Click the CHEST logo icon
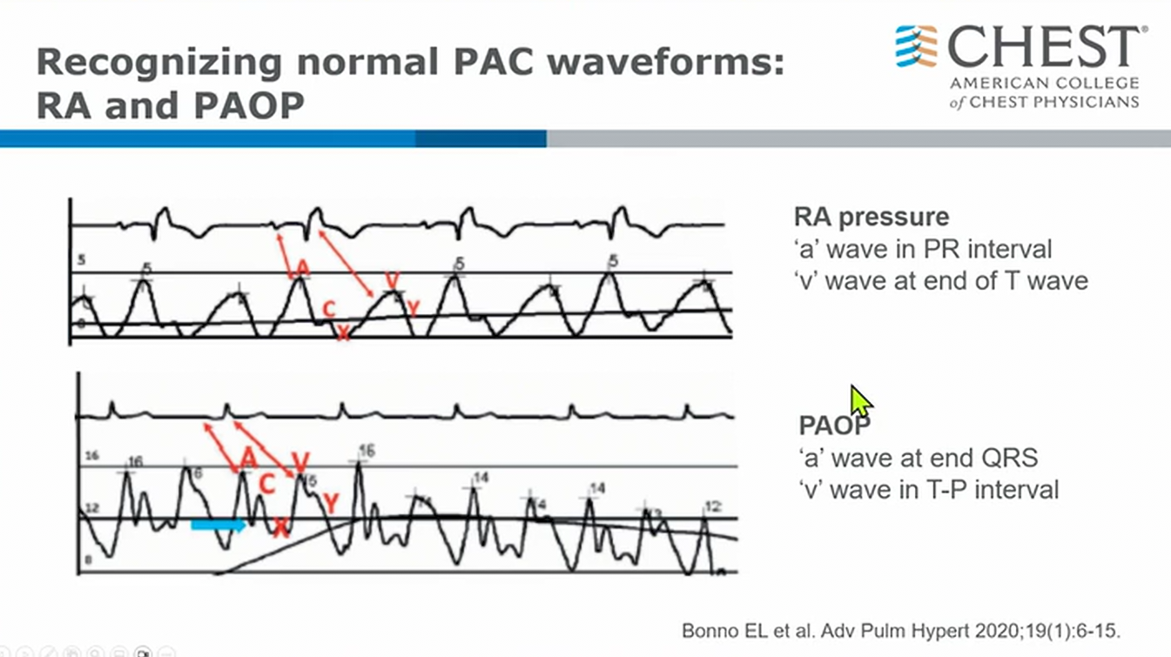click(917, 46)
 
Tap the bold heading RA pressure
click(872, 217)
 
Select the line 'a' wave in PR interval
click(923, 249)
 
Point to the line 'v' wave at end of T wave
click(940, 280)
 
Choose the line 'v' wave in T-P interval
click(928, 489)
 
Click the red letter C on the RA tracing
click(328, 309)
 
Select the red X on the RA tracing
click(344, 332)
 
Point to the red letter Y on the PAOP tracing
click(331, 501)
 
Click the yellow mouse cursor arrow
click(860, 402)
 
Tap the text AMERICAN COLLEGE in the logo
click(1044, 84)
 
